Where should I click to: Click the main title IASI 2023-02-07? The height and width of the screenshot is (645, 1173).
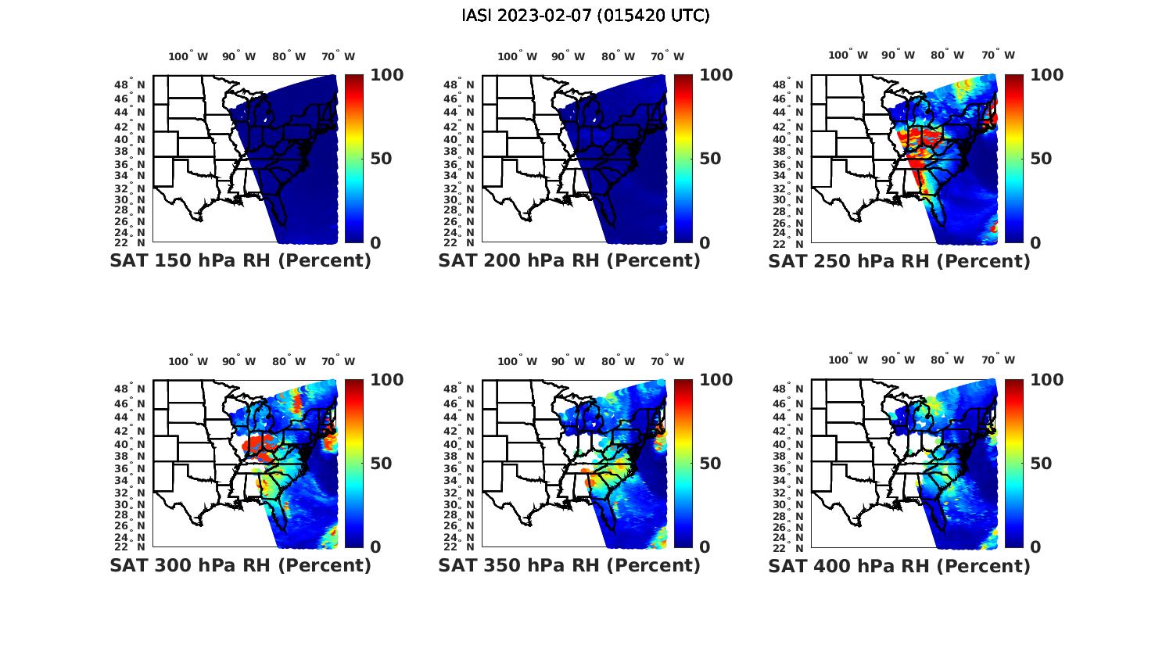click(x=586, y=16)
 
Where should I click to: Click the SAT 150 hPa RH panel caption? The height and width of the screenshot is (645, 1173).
click(x=240, y=261)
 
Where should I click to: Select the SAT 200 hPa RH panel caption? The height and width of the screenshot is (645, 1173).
click(x=569, y=261)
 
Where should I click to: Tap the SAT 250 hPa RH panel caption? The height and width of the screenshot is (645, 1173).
click(x=899, y=261)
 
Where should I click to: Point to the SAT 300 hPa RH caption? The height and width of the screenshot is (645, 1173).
click(x=240, y=565)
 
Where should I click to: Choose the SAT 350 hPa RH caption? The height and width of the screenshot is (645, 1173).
click(x=569, y=565)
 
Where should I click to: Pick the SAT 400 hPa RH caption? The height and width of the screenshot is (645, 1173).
click(x=899, y=565)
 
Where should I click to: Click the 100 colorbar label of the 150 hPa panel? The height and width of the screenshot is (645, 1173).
click(x=386, y=75)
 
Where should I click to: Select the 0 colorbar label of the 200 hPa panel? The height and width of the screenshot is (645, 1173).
click(x=705, y=243)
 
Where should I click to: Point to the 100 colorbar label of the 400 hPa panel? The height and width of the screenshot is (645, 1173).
click(x=1047, y=380)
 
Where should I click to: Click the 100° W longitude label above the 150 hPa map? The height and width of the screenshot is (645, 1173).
click(x=188, y=56)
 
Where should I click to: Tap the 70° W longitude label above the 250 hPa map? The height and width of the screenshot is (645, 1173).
click(x=999, y=55)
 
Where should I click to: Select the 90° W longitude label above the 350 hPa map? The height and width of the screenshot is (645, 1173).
click(x=569, y=361)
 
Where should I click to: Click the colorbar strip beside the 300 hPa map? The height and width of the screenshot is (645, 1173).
click(x=354, y=463)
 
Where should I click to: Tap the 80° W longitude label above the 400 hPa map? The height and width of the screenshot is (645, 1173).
click(x=948, y=360)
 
